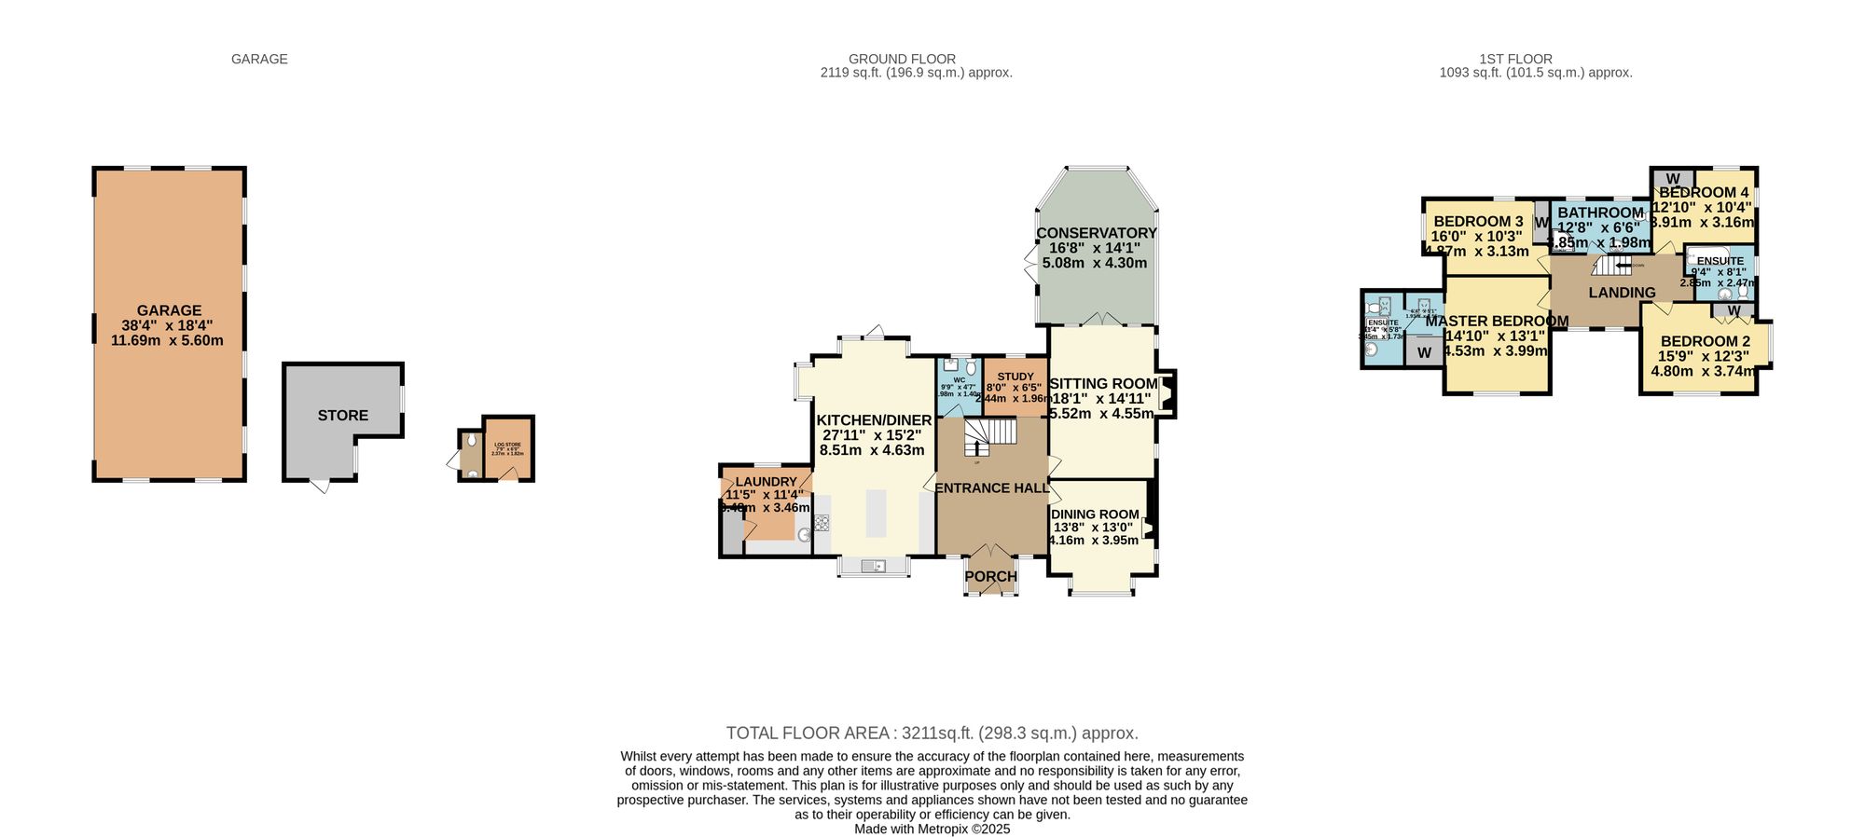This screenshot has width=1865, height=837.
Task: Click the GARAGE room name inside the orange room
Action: pyautogui.click(x=169, y=310)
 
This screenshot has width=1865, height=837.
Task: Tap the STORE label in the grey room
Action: pyautogui.click(x=342, y=416)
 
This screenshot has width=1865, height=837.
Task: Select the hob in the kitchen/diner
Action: pyautogui.click(x=822, y=523)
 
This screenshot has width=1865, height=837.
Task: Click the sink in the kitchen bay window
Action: pyautogui.click(x=873, y=566)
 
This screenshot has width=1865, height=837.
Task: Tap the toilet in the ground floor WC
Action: pyautogui.click(x=971, y=368)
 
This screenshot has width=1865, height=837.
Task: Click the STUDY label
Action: pyautogui.click(x=1015, y=377)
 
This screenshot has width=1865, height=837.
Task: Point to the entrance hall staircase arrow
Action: pyautogui.click(x=976, y=448)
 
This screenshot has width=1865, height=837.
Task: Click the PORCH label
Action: pyautogui.click(x=990, y=577)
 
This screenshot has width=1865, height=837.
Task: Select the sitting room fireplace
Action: pyautogui.click(x=1167, y=393)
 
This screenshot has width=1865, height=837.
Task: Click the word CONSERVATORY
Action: pyautogui.click(x=1096, y=233)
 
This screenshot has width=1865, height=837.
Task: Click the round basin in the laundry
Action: pyautogui.click(x=803, y=535)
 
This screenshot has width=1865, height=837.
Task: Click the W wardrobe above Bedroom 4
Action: pyautogui.click(x=1673, y=179)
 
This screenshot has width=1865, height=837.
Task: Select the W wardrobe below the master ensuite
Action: pyautogui.click(x=1424, y=353)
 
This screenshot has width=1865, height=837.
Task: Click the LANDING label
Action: pyautogui.click(x=1622, y=293)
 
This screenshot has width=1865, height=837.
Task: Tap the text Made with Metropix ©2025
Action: pyautogui.click(x=932, y=829)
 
